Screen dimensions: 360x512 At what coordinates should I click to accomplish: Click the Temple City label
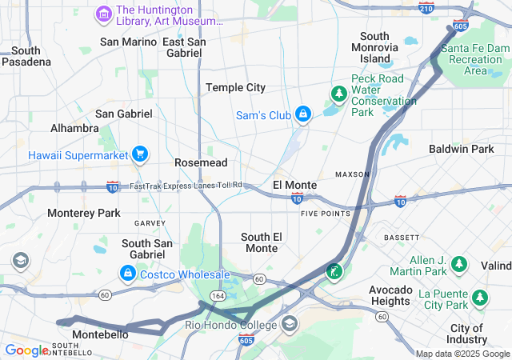pos(235,87)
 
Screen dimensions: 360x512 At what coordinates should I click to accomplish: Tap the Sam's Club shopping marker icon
pos(303,115)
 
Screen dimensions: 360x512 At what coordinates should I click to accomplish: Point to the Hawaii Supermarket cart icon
pos(140,154)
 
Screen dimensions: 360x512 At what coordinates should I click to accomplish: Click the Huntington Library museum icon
pos(103,14)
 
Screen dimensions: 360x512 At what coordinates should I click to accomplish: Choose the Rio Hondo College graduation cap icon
pos(288,324)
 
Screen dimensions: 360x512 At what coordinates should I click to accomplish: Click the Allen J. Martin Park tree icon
pos(459,263)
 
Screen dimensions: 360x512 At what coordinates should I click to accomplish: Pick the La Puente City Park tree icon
pos(480,298)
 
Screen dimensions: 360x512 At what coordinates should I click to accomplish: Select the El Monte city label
pos(294,185)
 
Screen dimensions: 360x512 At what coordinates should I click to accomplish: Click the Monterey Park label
pos(83,213)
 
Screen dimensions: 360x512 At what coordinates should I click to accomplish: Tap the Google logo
pos(26,350)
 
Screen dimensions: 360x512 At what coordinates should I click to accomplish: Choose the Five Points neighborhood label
pos(326,214)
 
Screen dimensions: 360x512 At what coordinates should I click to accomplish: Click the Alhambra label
pos(74,128)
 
